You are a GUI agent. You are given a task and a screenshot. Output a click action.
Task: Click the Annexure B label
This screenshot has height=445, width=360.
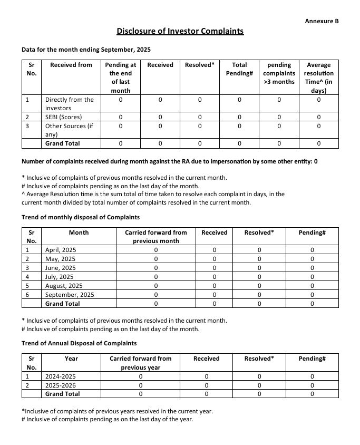pyautogui.click(x=322, y=21)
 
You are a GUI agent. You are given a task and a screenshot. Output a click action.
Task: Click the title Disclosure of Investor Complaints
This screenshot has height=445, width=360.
pyautogui.click(x=180, y=31)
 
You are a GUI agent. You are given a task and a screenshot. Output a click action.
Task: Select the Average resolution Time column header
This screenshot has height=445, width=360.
pyautogui.click(x=318, y=78)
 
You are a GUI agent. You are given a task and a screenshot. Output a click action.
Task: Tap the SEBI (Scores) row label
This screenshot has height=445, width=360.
pyautogui.click(x=64, y=117)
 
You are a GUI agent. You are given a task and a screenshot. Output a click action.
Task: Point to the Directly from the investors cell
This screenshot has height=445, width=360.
pyautogui.click(x=70, y=103)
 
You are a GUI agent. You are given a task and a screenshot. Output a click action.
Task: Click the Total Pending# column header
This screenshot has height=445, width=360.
pyautogui.click(x=239, y=69)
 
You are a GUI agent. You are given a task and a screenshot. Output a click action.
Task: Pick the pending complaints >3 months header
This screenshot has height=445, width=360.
pyautogui.click(x=279, y=73)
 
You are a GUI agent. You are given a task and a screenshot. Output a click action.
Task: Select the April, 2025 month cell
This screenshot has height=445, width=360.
pyautogui.click(x=61, y=250)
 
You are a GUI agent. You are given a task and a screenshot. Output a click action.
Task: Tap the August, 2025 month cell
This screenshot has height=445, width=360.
pyautogui.click(x=64, y=286)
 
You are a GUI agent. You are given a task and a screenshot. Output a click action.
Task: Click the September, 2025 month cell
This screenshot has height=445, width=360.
pyautogui.click(x=70, y=295)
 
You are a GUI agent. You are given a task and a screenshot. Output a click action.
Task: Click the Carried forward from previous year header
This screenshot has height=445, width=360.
pyautogui.click(x=140, y=363)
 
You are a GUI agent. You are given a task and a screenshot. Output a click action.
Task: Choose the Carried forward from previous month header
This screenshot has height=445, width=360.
pyautogui.click(x=155, y=237)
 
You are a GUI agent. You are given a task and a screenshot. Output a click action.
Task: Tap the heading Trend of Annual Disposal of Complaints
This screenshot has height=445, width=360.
pyautogui.click(x=79, y=343)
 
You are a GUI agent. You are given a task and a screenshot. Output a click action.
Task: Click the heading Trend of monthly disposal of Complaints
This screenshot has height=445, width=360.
pyautogui.click(x=81, y=217)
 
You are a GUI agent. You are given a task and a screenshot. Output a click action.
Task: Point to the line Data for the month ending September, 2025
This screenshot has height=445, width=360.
pyautogui.click(x=86, y=50)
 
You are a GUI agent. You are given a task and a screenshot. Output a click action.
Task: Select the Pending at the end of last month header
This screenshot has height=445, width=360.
pyautogui.click(x=120, y=78)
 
